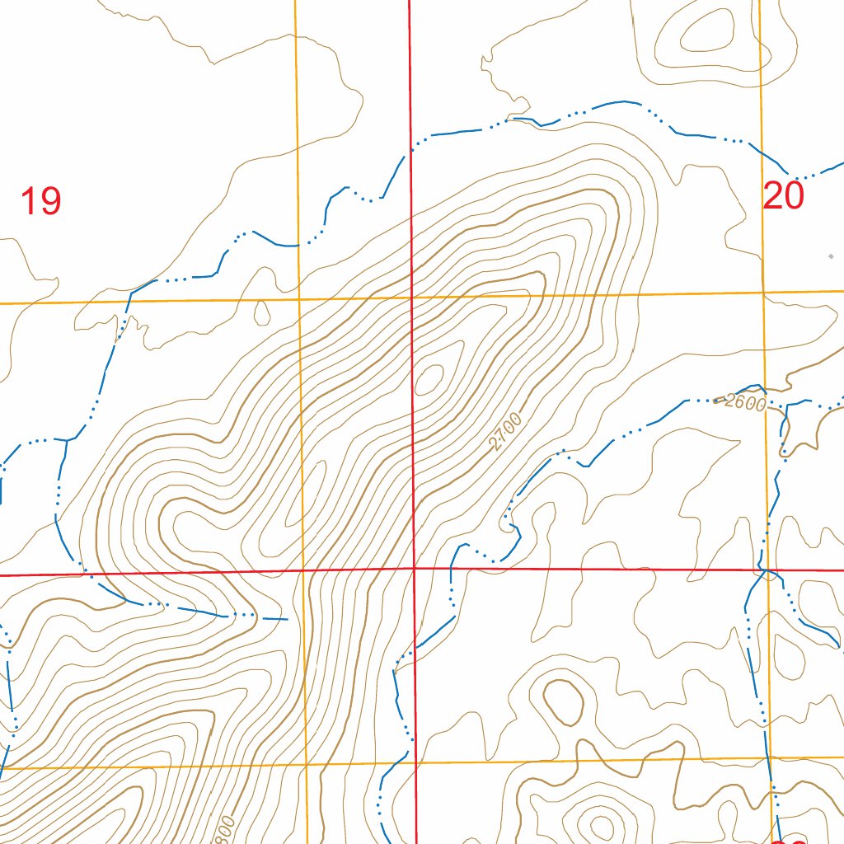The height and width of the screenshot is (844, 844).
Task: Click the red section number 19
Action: tap(40, 201)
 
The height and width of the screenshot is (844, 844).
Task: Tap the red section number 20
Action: tap(782, 196)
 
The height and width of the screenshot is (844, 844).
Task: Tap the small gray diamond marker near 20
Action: tap(831, 256)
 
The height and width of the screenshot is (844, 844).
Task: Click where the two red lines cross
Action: tap(414, 568)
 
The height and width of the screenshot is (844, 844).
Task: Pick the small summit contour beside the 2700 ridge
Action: tap(430, 378)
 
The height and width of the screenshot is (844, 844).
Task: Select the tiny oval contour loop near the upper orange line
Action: tap(262, 312)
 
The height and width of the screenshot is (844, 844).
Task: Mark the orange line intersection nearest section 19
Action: tap(298, 299)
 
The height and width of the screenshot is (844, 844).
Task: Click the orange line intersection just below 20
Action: tap(763, 293)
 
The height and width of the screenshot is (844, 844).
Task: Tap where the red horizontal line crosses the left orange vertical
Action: tap(303, 570)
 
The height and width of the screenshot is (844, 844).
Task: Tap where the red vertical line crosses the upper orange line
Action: tap(412, 297)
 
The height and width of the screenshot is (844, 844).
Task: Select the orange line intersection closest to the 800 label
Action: tap(307, 766)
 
